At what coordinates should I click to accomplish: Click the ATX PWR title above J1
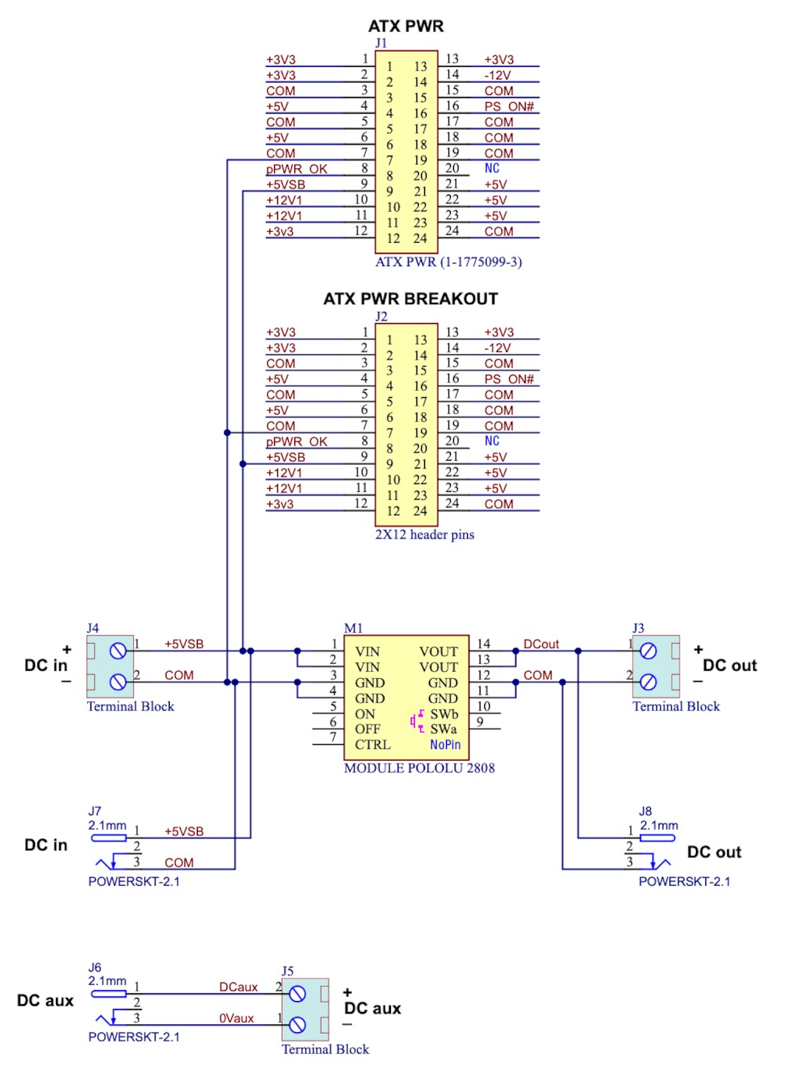click(x=406, y=26)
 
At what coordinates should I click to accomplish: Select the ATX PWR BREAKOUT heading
click(x=410, y=299)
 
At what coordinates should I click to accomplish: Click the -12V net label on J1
click(x=497, y=76)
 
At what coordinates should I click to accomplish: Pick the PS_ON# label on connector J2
click(x=509, y=379)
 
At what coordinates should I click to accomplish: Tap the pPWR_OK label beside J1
click(x=297, y=169)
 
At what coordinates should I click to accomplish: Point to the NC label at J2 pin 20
click(x=492, y=441)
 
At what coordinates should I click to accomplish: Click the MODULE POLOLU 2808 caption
click(x=419, y=768)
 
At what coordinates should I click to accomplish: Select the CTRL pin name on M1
click(x=372, y=745)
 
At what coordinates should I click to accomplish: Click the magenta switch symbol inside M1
click(x=417, y=721)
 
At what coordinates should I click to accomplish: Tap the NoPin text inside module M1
click(x=445, y=745)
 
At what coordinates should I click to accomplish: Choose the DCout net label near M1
click(x=541, y=645)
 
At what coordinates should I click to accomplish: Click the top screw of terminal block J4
click(x=118, y=652)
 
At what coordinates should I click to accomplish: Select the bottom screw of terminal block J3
click(x=649, y=683)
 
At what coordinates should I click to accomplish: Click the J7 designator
click(x=94, y=811)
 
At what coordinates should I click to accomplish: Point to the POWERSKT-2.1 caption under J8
click(x=684, y=882)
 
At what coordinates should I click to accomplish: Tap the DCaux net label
click(x=238, y=987)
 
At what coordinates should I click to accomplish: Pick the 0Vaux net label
click(x=237, y=1018)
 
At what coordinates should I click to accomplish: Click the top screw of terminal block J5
click(x=297, y=994)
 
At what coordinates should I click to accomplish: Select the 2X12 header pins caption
click(x=424, y=535)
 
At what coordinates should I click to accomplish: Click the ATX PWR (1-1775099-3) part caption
click(x=448, y=262)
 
